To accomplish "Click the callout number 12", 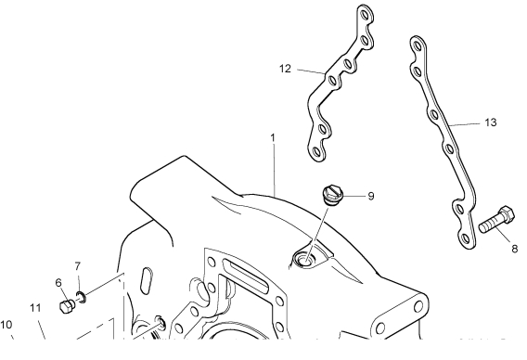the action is click(x=285, y=69).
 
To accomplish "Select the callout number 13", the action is click(x=491, y=122).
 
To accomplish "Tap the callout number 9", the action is click(x=371, y=196).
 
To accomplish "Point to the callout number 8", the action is click(x=515, y=249).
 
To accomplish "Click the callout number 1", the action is click(x=273, y=138).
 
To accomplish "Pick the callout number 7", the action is click(x=78, y=266).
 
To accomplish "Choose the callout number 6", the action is click(x=58, y=283).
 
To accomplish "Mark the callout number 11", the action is click(x=35, y=308).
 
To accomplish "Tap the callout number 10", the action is click(x=6, y=325).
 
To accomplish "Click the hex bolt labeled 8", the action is click(x=496, y=220).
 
